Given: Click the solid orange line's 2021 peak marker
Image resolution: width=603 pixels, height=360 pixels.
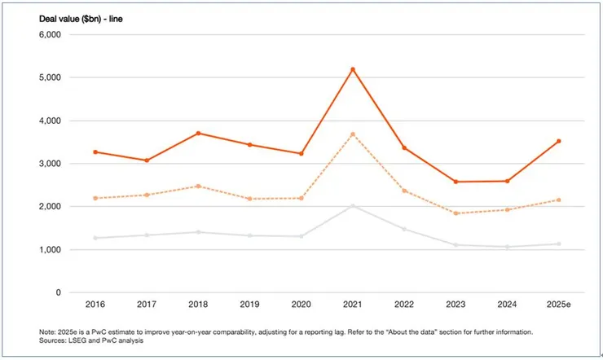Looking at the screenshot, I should tap(353, 69).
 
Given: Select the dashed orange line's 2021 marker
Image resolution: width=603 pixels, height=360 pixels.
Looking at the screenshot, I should tap(353, 134).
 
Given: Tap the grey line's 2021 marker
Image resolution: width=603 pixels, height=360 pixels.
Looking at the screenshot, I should tap(353, 206).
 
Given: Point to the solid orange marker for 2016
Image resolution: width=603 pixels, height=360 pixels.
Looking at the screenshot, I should tap(96, 152).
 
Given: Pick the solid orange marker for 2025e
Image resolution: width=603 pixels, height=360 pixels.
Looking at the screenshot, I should tap(558, 141).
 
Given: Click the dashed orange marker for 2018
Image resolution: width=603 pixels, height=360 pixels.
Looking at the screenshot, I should tap(199, 187).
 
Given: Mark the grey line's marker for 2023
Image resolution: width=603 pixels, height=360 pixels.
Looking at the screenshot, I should tap(456, 245).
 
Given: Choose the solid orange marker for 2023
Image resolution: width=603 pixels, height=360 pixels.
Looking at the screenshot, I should tap(456, 182).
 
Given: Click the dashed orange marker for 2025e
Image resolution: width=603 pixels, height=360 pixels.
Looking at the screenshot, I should tap(558, 200).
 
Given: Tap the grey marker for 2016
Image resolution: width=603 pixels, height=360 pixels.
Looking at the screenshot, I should tap(96, 238).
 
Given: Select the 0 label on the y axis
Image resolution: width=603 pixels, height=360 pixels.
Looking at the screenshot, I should tap(58, 292).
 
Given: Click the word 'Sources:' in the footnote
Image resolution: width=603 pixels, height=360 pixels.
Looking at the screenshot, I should tap(53, 341).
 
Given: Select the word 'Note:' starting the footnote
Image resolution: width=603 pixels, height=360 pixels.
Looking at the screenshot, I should tap(48, 332).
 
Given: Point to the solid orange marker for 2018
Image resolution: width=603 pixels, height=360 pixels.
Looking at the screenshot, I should tap(199, 133).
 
